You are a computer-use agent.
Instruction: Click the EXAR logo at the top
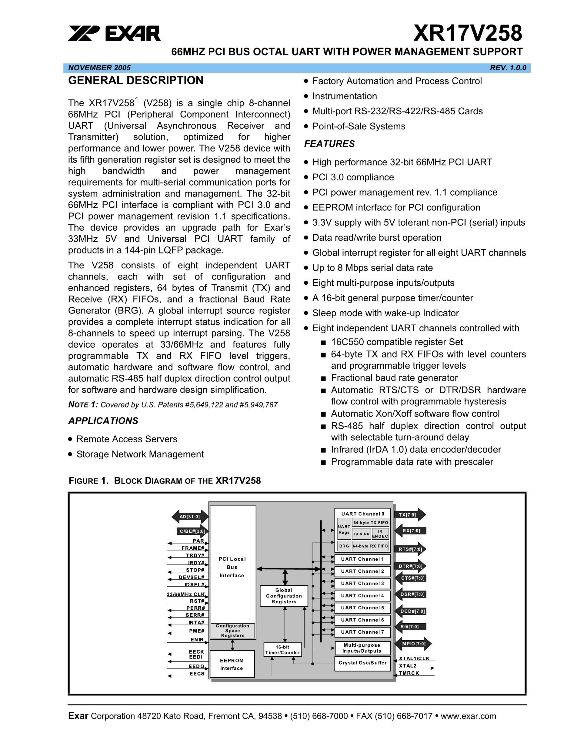[114, 34]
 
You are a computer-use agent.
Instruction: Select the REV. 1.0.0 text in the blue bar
[508, 68]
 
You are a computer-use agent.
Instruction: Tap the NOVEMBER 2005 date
[99, 68]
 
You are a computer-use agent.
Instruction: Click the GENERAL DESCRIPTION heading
[136, 80]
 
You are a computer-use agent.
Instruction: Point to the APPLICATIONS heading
[103, 421]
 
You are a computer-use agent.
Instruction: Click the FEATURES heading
[329, 144]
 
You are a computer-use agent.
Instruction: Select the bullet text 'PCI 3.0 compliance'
[353, 177]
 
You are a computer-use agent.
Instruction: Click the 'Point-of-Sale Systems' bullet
[359, 126]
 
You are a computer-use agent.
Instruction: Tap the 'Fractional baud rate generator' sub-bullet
[394, 378]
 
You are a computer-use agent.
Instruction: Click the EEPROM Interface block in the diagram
[232, 664]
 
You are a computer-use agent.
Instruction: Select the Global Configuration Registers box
[284, 596]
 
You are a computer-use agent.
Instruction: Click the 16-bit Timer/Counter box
[283, 649]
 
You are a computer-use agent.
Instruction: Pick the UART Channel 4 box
[362, 595]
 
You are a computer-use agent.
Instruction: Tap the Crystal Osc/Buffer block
[362, 662]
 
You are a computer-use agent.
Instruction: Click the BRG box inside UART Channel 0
[344, 546]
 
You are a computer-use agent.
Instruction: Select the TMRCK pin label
[409, 673]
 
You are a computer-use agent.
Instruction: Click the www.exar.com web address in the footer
[468, 716]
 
